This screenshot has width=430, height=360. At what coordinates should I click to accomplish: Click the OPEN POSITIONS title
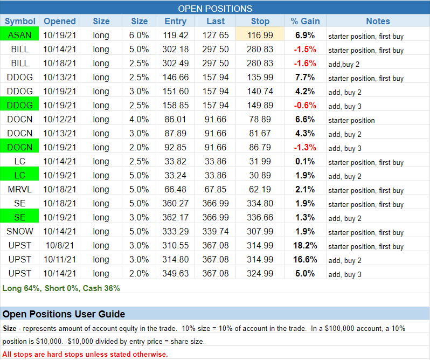coord(215,8)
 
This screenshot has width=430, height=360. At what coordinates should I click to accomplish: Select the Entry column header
coord(175,22)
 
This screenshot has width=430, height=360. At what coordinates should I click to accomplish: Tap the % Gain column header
coord(305,22)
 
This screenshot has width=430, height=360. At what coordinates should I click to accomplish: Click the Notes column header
coord(378,22)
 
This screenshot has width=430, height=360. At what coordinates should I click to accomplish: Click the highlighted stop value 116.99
coord(260,35)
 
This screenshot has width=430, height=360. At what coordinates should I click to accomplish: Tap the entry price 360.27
coord(175,203)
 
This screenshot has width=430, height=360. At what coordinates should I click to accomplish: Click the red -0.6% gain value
coord(305,105)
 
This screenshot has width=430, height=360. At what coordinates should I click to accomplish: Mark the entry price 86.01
coord(175,119)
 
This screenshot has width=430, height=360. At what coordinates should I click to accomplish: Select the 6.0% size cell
coord(139,35)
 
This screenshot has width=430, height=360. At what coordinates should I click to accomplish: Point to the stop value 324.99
coord(260,273)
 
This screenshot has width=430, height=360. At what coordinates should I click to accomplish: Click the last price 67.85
coord(218,189)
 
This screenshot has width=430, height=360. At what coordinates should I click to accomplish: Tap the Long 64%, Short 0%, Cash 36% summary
coord(61,288)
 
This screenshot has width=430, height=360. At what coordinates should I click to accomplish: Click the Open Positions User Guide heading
coord(64,314)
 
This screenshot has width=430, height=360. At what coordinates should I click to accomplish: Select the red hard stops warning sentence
coord(85,354)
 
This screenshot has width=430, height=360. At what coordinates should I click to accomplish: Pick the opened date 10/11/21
coord(60,259)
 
